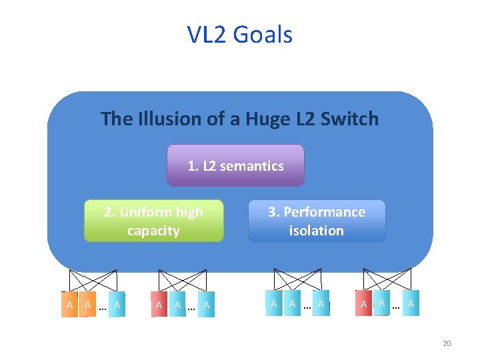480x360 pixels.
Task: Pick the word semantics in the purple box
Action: tap(251, 166)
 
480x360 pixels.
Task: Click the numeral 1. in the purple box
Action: tap(193, 166)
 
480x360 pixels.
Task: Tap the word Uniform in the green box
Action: tap(146, 212)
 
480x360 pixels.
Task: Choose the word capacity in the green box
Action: tap(153, 231)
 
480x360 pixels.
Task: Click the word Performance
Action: tap(325, 212)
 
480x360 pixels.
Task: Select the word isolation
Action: tap(316, 231)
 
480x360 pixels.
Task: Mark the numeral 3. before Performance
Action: tap(273, 212)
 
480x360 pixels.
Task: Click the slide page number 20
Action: tap(447, 343)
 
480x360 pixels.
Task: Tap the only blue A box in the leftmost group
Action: tap(117, 305)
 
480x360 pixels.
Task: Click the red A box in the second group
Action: tap(159, 305)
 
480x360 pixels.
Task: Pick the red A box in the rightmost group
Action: tap(363, 304)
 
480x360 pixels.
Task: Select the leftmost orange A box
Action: tap(69, 305)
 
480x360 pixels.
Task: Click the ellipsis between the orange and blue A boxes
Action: tap(102, 306)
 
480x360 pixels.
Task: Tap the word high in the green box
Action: tap(189, 212)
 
